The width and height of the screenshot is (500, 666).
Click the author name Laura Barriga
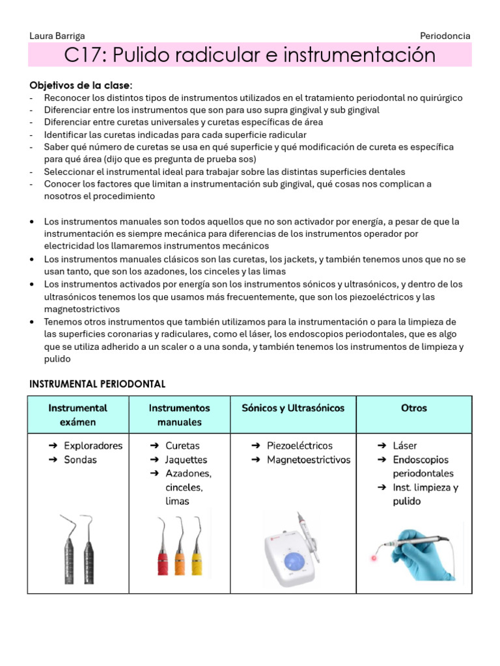tap(57, 36)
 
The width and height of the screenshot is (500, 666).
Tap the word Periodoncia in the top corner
tap(445, 36)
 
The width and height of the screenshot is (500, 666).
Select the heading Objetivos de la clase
tap(81, 85)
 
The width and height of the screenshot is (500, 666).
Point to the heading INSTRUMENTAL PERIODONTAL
tap(98, 384)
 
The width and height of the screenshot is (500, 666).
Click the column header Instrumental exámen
tap(77, 415)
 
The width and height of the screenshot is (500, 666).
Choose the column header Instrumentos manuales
tap(179, 415)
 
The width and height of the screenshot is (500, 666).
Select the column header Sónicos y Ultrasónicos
tap(293, 408)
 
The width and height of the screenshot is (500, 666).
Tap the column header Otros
tap(414, 408)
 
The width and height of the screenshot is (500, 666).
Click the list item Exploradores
tap(93, 446)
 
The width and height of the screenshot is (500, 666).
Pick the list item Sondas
tap(80, 460)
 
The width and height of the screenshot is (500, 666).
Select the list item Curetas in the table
tap(182, 446)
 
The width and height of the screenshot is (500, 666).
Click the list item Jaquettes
tap(186, 460)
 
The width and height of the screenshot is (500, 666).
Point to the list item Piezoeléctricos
tap(299, 446)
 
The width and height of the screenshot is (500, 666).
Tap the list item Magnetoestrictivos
tap(309, 460)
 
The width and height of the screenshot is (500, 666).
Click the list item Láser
tap(405, 446)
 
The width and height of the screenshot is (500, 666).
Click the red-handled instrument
tap(163, 561)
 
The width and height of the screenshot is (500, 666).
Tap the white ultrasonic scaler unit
tap(293, 553)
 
